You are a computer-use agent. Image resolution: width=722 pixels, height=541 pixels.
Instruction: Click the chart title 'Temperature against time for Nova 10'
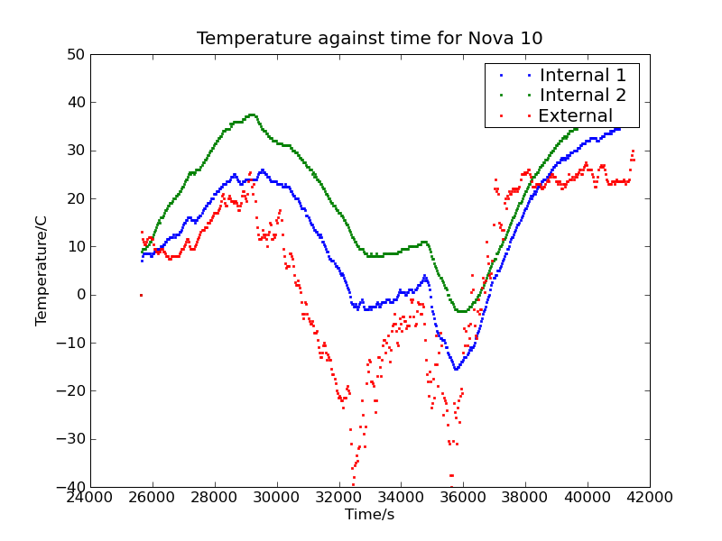pyautogui.click(x=369, y=38)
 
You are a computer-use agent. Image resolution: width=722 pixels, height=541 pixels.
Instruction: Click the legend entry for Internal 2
pyautogui.click(x=581, y=95)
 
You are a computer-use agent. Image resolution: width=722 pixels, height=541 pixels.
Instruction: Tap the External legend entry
pyautogui.click(x=575, y=115)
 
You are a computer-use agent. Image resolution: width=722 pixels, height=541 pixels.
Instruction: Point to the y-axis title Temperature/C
pyautogui.click(x=42, y=270)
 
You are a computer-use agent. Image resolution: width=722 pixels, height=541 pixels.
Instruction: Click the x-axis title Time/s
pyautogui.click(x=369, y=515)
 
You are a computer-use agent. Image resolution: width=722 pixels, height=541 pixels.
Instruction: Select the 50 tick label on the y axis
pyautogui.click(x=75, y=54)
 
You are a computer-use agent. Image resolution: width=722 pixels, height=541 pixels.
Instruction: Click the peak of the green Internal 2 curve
pyautogui.click(x=252, y=115)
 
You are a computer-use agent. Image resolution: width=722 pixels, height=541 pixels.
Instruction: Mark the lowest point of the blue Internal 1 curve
pyautogui.click(x=456, y=369)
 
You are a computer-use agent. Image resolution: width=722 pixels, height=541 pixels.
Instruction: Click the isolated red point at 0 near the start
pyautogui.click(x=141, y=295)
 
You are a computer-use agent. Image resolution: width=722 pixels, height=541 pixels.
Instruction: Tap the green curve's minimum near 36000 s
pyautogui.click(x=461, y=311)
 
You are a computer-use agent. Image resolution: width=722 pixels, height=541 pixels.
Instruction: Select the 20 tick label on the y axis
pyautogui.click(x=75, y=198)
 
